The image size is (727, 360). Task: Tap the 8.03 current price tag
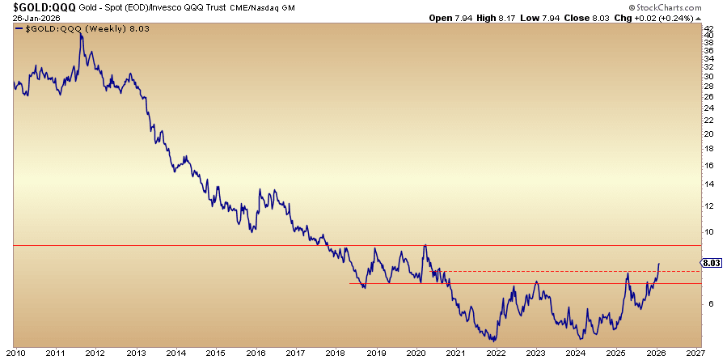pyautogui.click(x=712, y=263)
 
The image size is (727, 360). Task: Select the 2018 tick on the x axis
pyautogui.click(x=336, y=354)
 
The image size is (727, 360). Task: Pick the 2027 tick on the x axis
pyautogui.click(x=695, y=354)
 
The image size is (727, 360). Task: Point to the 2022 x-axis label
pyautogui.click(x=495, y=354)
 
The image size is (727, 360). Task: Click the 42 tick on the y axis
pyautogui.click(x=708, y=28)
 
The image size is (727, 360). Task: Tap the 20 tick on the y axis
pyautogui.click(x=708, y=133)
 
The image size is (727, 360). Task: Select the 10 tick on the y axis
pyautogui.click(x=708, y=231)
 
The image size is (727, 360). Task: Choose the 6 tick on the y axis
pyautogui.click(x=708, y=304)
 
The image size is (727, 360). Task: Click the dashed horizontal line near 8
pyautogui.click(x=566, y=271)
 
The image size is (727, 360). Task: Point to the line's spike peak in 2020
pyautogui.click(x=425, y=245)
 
